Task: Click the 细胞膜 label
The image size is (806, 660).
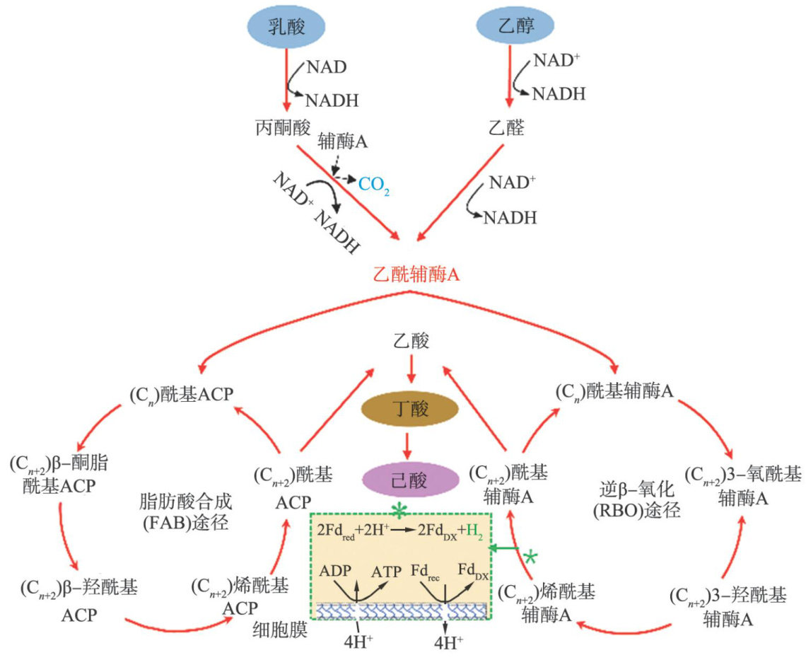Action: [282, 630]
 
